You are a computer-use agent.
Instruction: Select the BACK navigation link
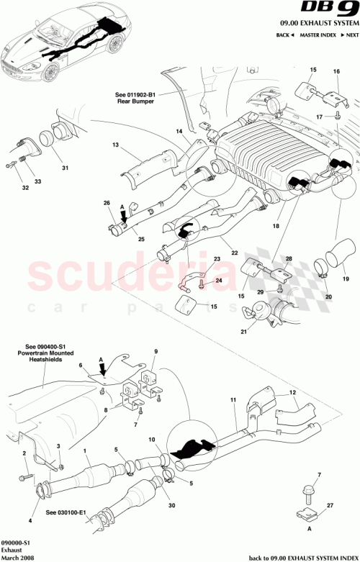[x=284, y=35]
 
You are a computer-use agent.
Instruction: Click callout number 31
[x=65, y=169]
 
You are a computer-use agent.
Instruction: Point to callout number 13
[x=114, y=145]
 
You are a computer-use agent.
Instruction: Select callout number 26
[x=107, y=204]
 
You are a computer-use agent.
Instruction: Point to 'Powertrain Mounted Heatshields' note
[x=40, y=358]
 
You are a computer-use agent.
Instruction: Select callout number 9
[x=153, y=351]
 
